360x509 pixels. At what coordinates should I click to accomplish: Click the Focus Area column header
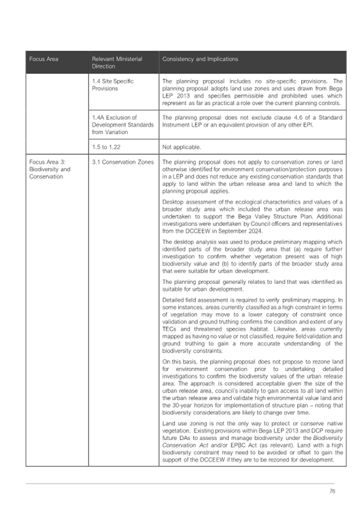tap(44, 59)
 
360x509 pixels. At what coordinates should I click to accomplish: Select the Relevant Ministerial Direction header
tap(117, 62)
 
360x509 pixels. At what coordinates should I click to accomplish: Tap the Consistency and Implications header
tap(200, 59)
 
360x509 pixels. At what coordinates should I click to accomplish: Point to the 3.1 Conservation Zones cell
tap(123, 162)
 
